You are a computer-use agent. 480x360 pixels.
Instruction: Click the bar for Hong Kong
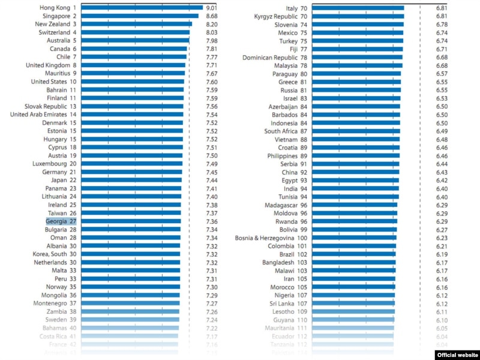141,8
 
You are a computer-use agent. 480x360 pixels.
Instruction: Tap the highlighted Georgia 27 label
61,221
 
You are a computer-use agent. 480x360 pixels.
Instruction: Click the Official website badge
457,355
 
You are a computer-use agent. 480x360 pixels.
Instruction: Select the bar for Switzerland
135,32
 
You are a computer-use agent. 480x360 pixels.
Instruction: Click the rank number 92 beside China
304,172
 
